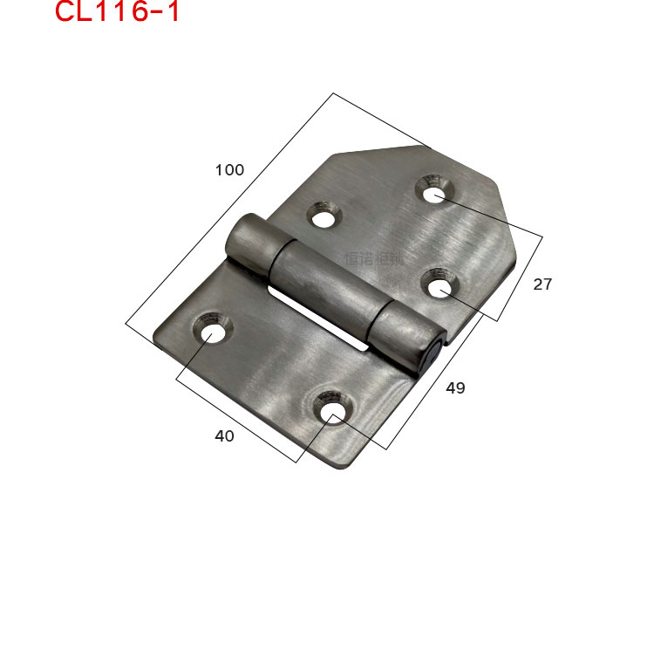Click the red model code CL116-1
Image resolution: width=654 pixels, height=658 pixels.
(117, 12)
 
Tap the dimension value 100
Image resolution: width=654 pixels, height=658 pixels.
(229, 170)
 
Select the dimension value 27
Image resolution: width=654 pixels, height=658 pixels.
(542, 284)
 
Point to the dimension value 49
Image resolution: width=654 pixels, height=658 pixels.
(455, 388)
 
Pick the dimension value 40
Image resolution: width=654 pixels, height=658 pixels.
(224, 436)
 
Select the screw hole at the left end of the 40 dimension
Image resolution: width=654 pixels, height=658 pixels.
(212, 332)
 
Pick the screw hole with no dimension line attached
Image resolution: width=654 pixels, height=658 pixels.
(324, 215)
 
